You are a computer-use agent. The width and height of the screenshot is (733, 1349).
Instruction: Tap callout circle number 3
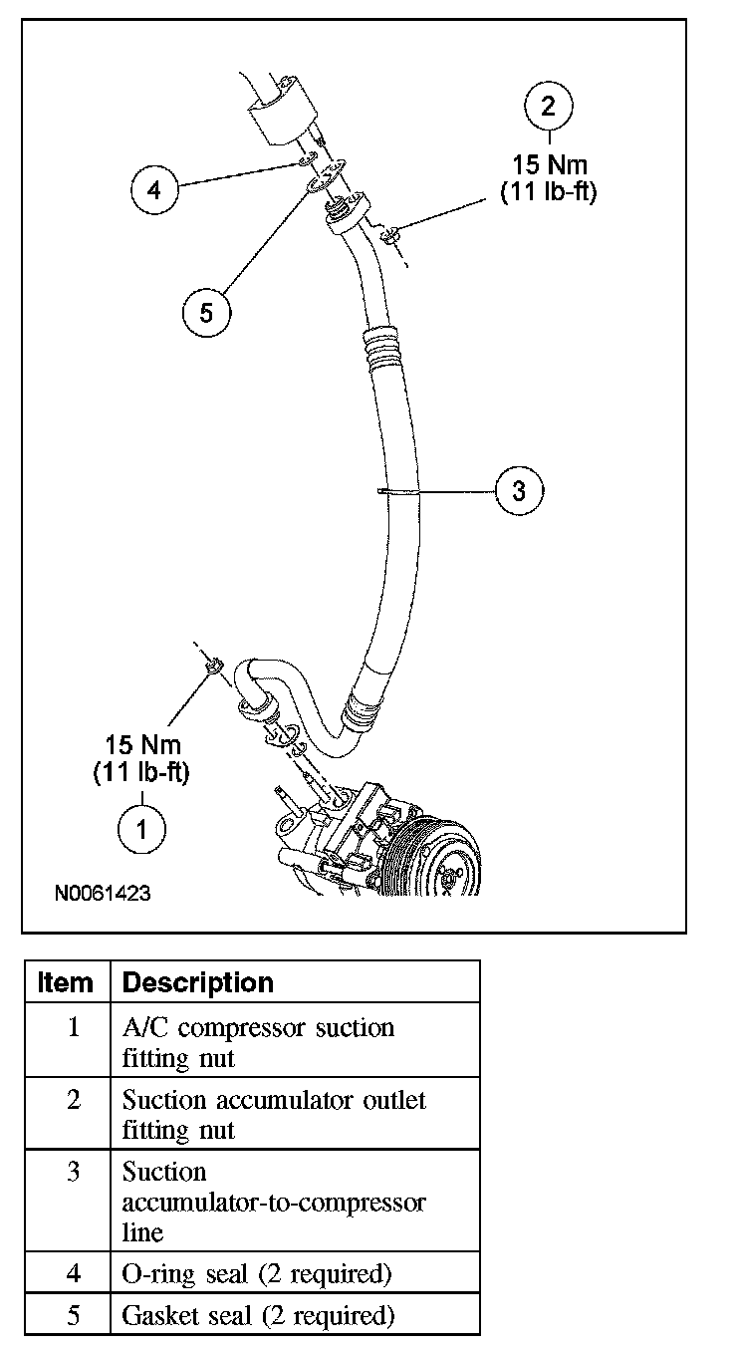click(519, 489)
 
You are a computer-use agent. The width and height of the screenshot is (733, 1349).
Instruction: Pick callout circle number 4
click(154, 189)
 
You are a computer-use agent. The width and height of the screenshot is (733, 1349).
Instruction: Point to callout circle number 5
click(206, 313)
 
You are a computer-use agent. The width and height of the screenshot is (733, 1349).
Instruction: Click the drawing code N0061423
click(103, 894)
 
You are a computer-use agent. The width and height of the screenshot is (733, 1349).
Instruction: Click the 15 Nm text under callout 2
click(549, 163)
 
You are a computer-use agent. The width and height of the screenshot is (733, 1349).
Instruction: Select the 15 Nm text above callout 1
click(143, 744)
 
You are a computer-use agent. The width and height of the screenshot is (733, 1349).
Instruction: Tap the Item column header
click(66, 982)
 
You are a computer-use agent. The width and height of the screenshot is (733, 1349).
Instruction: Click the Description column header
click(197, 982)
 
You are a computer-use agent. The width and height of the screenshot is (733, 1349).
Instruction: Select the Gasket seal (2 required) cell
click(259, 1315)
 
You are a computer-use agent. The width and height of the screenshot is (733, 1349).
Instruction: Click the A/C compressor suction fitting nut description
click(258, 1042)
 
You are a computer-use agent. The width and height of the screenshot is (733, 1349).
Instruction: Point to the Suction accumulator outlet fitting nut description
click(273, 1115)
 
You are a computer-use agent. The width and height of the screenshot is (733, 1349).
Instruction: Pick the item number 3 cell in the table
click(73, 1172)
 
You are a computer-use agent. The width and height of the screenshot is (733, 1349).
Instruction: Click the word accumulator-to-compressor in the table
click(274, 1202)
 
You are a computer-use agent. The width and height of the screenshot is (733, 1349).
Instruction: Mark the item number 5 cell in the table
click(73, 1315)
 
